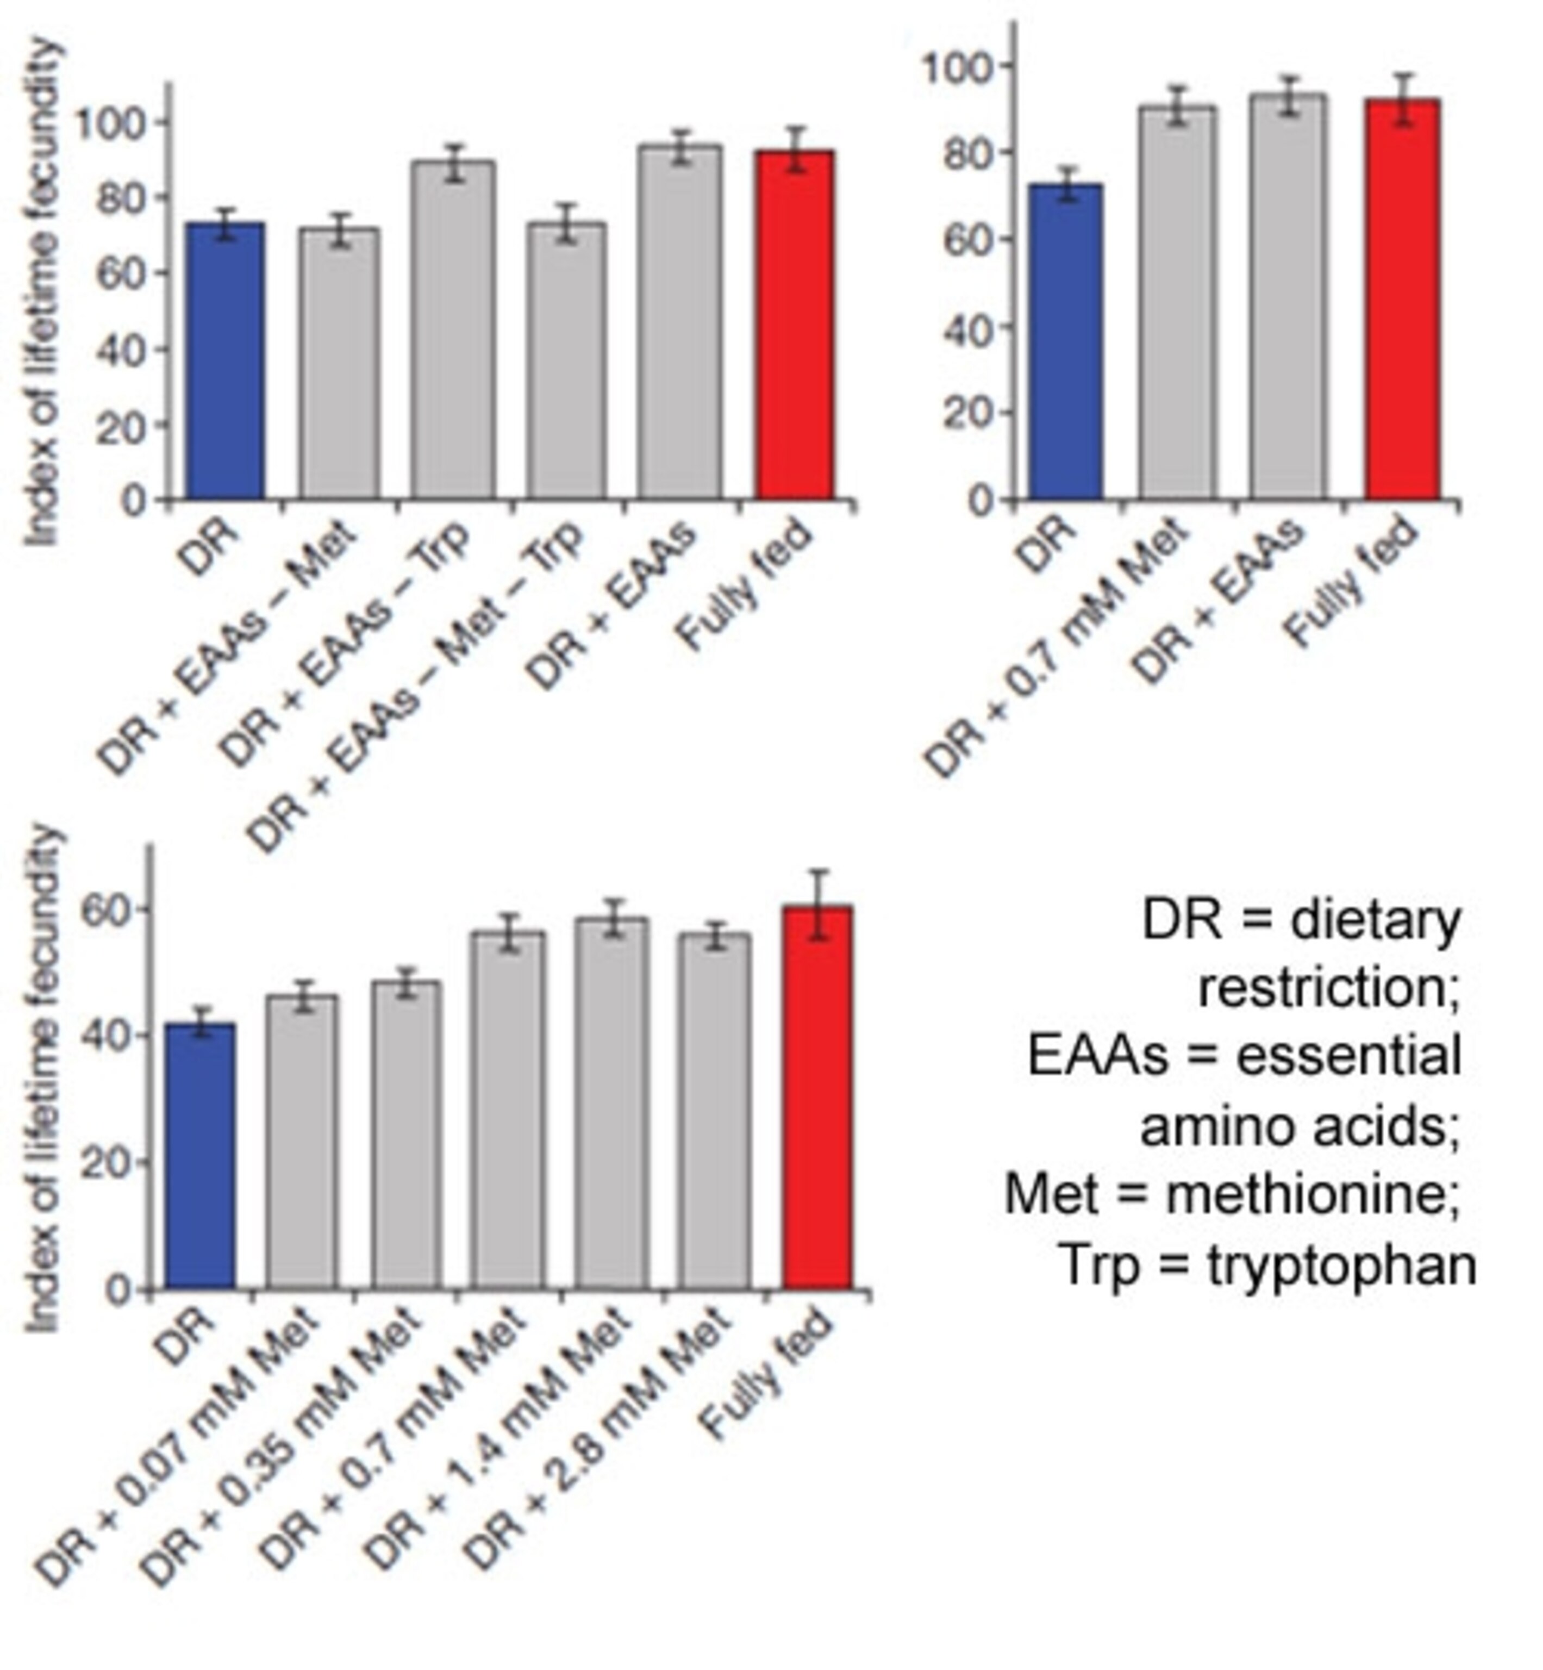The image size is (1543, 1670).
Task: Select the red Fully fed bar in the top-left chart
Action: point(795,326)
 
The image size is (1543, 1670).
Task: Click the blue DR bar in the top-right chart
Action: point(1065,342)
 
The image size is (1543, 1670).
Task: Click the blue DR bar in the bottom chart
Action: point(201,1156)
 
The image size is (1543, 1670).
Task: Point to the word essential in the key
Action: point(1348,1056)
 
